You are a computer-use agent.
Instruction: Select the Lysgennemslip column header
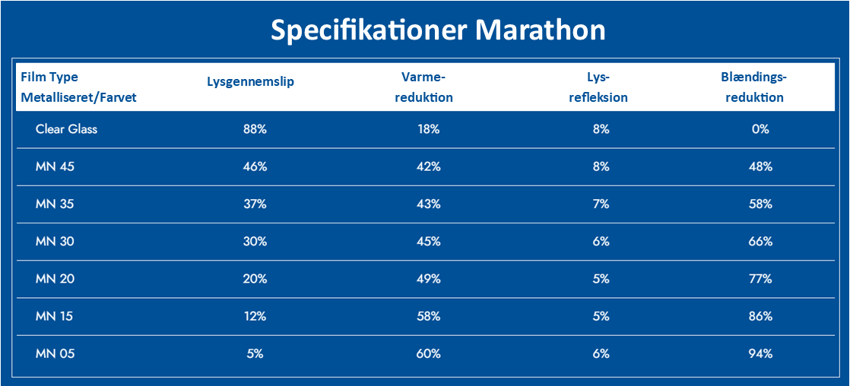(250, 82)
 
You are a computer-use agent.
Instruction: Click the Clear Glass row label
(66, 129)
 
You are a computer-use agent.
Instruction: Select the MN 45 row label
(55, 166)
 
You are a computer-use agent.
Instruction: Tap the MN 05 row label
(55, 353)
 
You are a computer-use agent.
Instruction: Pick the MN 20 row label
(55, 279)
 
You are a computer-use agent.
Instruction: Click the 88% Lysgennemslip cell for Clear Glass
(255, 129)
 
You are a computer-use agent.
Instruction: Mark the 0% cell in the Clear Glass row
(760, 129)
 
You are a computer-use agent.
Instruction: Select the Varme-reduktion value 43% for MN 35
(428, 204)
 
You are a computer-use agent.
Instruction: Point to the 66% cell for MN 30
(760, 242)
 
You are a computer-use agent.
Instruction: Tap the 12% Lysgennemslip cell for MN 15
(255, 316)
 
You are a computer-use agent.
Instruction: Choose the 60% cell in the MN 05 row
(428, 353)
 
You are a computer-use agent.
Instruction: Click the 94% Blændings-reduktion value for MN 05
(760, 353)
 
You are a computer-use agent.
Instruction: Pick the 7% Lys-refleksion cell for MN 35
(601, 204)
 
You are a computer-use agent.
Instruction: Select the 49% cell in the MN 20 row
(428, 279)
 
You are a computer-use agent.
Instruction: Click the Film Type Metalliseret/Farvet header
(79, 87)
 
